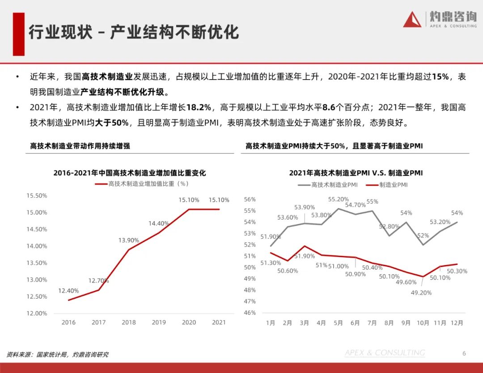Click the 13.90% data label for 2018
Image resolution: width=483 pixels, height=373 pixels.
[129, 240]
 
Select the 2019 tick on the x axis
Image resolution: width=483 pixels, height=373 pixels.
[158, 322]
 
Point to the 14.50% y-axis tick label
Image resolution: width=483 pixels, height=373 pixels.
[37, 229]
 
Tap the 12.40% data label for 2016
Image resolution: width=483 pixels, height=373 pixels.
[68, 291]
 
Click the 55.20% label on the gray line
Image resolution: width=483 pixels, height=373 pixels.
[339, 199]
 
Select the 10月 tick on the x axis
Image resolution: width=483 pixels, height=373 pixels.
[423, 322]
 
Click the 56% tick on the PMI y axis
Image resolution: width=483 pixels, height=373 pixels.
[250, 199]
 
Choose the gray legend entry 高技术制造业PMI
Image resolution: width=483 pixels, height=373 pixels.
[327, 185]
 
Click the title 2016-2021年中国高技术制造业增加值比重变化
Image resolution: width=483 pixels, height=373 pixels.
[130, 173]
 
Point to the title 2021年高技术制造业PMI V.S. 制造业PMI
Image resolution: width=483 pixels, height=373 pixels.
[356, 173]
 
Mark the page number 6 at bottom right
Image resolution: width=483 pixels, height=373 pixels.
[464, 353]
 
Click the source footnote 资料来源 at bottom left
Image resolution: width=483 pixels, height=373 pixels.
[57, 355]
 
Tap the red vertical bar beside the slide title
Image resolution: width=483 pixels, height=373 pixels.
[18, 34]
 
